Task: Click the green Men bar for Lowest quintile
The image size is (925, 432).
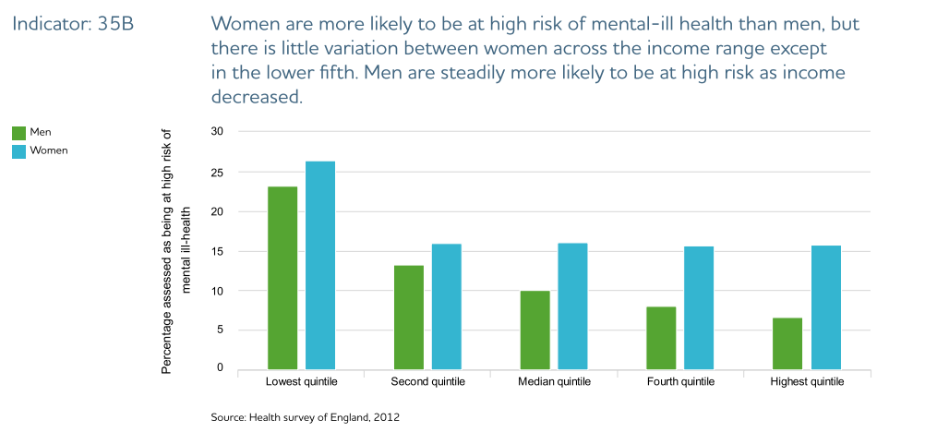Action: tap(282, 278)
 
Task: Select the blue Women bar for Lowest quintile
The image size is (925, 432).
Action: tap(320, 265)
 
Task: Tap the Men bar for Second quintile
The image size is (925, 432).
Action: tap(409, 317)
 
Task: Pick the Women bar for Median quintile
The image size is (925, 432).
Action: tap(572, 306)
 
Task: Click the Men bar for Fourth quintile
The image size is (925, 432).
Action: tap(661, 338)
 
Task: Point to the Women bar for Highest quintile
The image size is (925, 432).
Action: tap(825, 306)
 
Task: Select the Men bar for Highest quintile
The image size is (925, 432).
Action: tap(787, 343)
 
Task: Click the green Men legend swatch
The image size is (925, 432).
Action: tap(18, 133)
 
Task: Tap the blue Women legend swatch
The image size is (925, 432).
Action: tap(18, 150)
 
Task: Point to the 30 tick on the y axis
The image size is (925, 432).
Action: tap(218, 132)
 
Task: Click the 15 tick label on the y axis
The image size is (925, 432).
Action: tap(218, 251)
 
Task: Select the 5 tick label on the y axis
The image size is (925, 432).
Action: tap(221, 330)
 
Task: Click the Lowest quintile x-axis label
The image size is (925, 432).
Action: tap(301, 382)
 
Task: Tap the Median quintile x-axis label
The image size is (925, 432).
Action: tap(554, 382)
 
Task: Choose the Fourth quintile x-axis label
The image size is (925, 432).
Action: tap(680, 382)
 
